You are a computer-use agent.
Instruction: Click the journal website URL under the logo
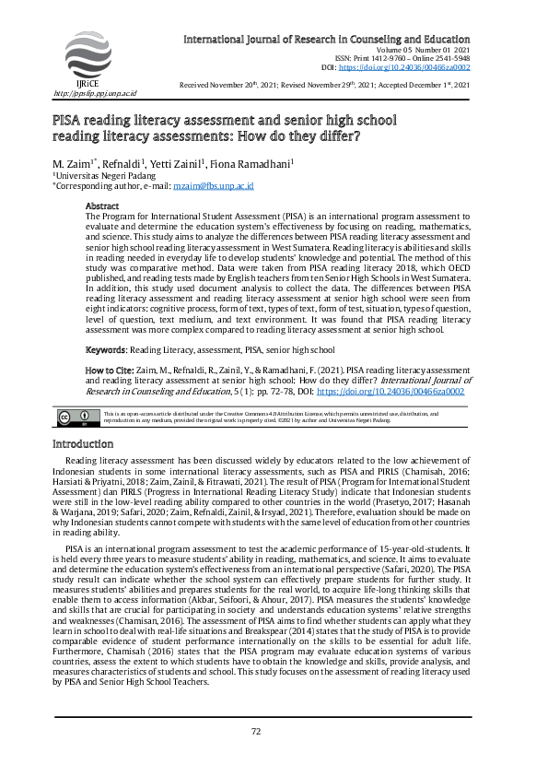coord(95,93)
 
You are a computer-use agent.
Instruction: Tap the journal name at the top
coord(327,40)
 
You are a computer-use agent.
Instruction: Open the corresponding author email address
coord(207,185)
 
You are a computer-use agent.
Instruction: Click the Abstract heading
coord(102,206)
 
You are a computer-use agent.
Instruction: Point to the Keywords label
coord(105,350)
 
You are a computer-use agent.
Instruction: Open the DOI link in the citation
coord(390,391)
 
